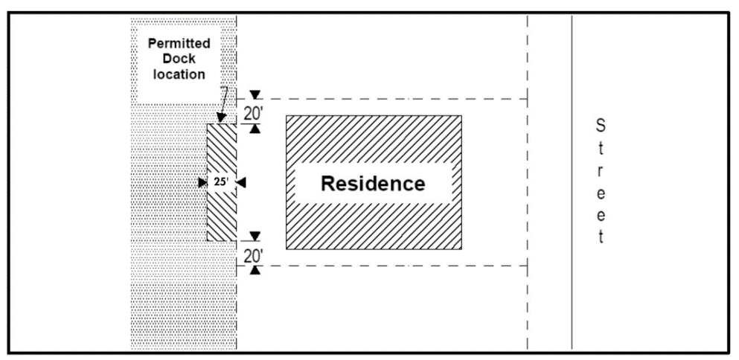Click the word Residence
point(373,183)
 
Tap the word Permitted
point(179,44)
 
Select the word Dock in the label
point(179,60)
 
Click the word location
point(179,74)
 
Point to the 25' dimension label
point(221,183)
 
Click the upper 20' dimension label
point(254,114)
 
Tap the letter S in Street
point(601,126)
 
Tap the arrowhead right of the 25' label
point(241,183)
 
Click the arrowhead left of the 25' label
point(202,183)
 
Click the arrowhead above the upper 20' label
point(255,94)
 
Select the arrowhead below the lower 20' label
point(255,271)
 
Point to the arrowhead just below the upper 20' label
point(255,128)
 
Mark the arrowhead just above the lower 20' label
point(255,236)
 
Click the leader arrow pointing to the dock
point(223,105)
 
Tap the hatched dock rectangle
point(222,182)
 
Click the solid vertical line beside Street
point(572,182)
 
